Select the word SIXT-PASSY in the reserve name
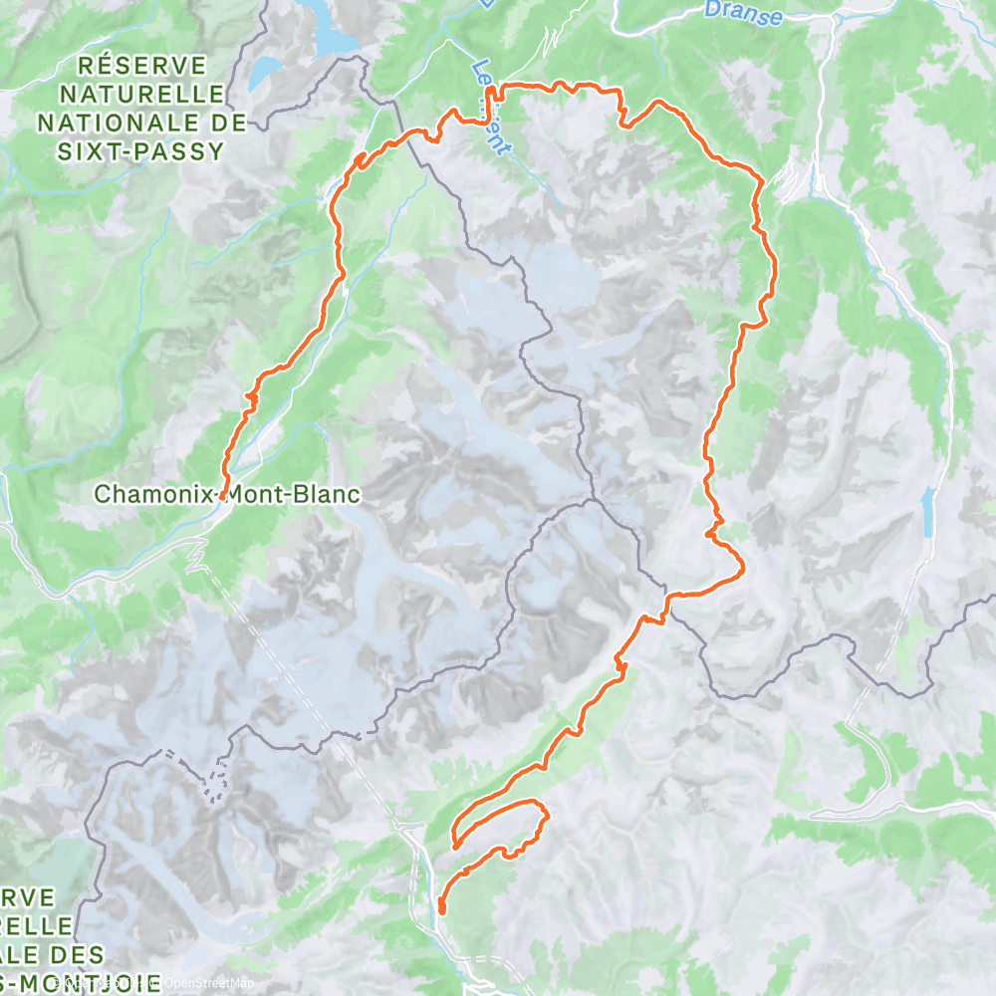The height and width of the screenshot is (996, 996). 141,151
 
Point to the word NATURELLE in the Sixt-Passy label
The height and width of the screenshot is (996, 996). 141,95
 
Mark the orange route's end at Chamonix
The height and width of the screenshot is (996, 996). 223,494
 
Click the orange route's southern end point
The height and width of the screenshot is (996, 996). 441,908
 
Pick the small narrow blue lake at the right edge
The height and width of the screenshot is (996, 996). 929,510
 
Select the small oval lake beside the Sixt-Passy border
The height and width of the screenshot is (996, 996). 265,72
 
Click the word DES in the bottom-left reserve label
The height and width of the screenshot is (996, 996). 48,953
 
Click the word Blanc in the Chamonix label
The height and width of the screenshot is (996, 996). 314,493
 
